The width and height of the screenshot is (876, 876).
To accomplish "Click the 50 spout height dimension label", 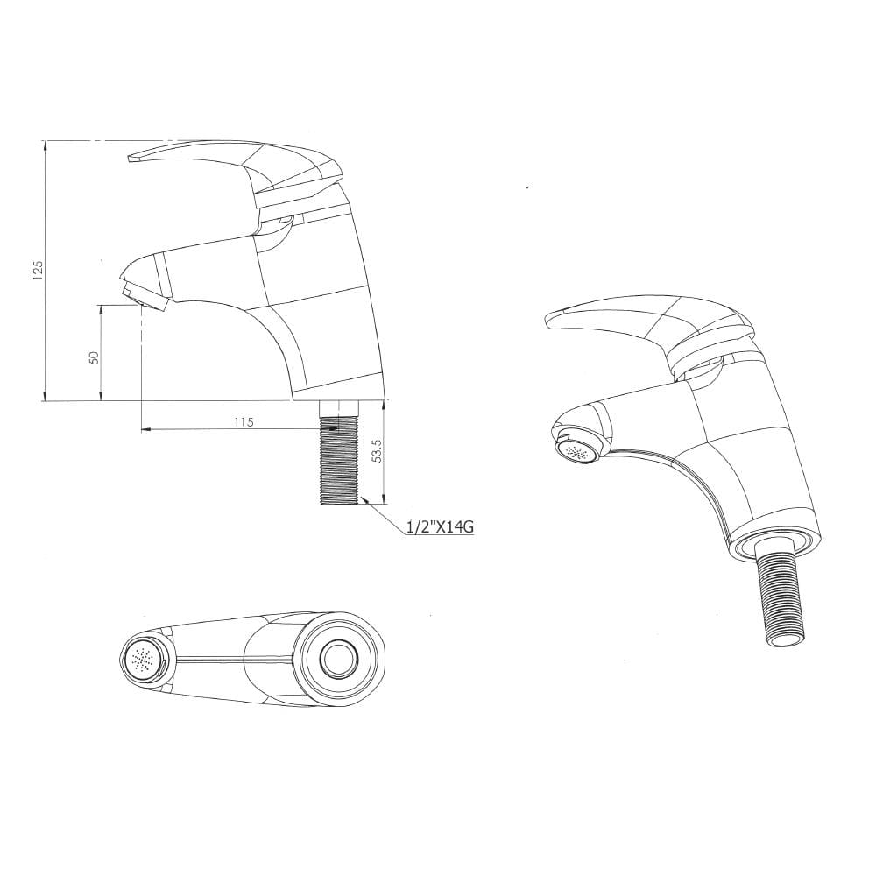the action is (x=95, y=357).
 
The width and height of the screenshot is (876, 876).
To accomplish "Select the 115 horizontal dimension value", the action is (x=244, y=422).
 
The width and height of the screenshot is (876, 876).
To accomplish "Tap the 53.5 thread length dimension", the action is (x=377, y=449).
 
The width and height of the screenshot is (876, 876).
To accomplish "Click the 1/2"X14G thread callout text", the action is (x=441, y=526).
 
